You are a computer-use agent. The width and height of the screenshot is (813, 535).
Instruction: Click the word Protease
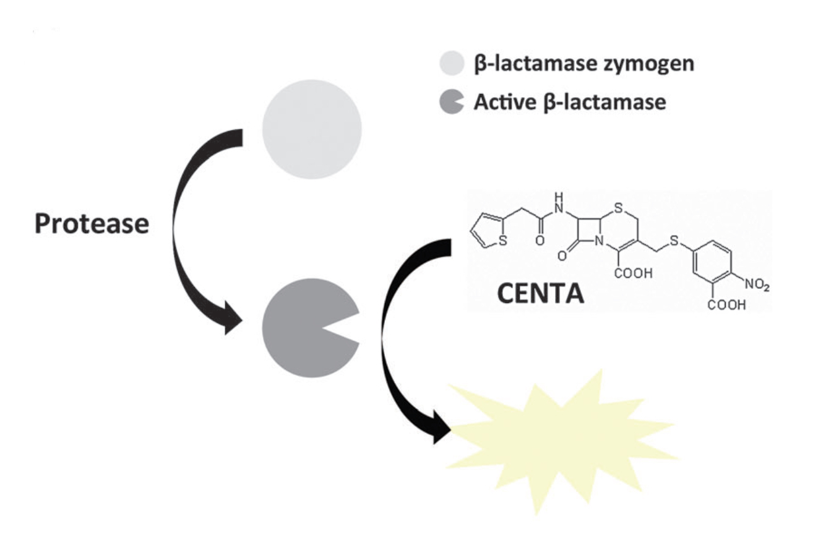[x=92, y=224]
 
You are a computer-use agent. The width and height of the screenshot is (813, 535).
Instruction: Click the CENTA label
[x=541, y=294]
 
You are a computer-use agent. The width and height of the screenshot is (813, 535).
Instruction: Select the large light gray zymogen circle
[x=312, y=130]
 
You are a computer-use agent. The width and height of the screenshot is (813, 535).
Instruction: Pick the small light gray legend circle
[x=452, y=64]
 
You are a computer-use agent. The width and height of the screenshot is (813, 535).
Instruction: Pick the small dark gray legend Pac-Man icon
[x=450, y=102]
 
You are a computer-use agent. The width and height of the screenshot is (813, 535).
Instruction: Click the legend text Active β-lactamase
[x=569, y=102]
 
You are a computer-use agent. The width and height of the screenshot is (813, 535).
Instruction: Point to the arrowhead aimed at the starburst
[x=441, y=427]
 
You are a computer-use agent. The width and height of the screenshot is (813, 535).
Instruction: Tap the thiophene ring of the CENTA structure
[x=489, y=231]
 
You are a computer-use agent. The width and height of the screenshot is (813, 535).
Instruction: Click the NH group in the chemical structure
[x=560, y=204]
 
